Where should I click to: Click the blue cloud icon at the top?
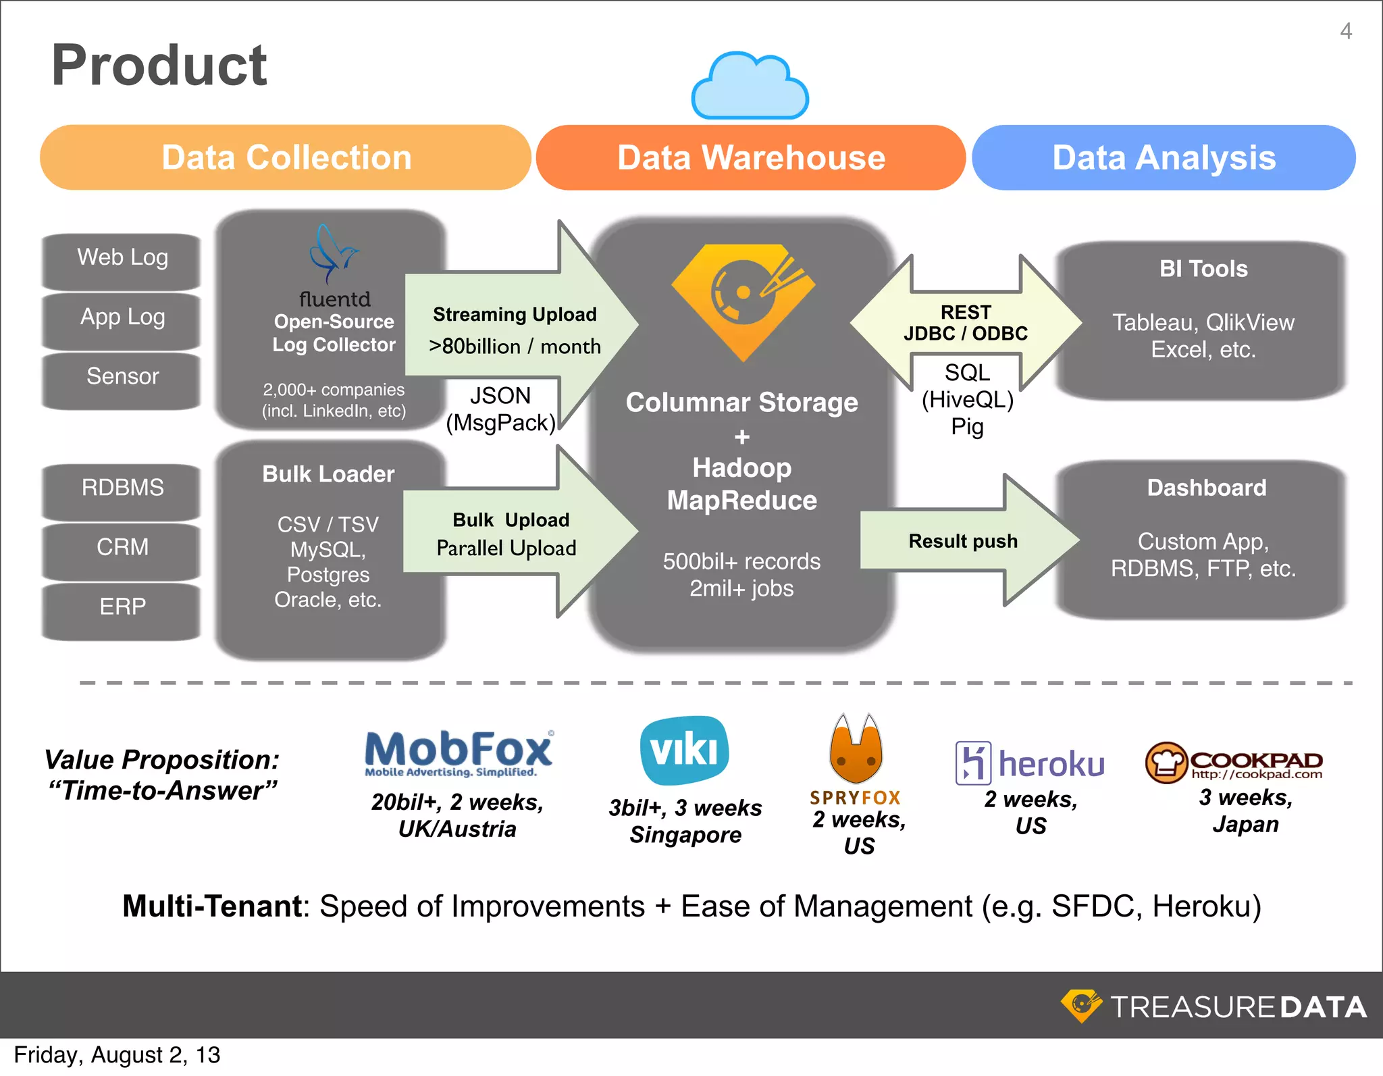pyautogui.click(x=750, y=86)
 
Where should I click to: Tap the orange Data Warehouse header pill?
pyautogui.click(x=750, y=158)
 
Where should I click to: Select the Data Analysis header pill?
pyautogui.click(x=1164, y=158)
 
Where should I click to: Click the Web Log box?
pyautogui.click(x=122, y=258)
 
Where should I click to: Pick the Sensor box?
pyautogui.click(x=122, y=377)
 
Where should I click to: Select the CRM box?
pyautogui.click(x=122, y=547)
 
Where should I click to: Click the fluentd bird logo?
pyautogui.click(x=332, y=255)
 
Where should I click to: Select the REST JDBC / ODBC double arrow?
pyautogui.click(x=966, y=323)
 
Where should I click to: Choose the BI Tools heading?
pyautogui.click(x=1203, y=269)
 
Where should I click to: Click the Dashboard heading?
pyautogui.click(x=1206, y=488)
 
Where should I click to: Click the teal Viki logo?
pyautogui.click(x=685, y=750)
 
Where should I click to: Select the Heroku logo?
pyautogui.click(x=1030, y=763)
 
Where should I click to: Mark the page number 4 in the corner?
pyautogui.click(x=1345, y=31)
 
